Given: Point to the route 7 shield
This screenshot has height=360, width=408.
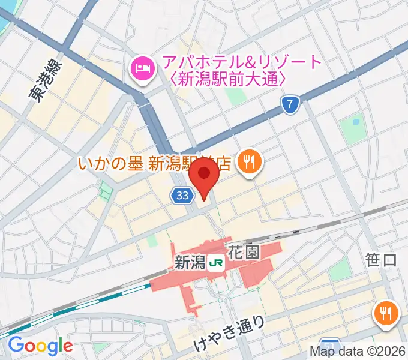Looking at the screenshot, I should click(x=290, y=106).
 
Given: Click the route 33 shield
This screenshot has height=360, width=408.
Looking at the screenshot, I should click(x=183, y=195).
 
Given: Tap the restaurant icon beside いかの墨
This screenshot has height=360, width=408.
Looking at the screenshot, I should click(x=247, y=161).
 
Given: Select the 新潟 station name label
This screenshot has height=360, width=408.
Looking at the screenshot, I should click(x=190, y=262).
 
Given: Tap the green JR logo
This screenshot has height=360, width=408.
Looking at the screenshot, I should click(x=216, y=262).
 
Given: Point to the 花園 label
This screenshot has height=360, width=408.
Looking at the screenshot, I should click(x=244, y=252).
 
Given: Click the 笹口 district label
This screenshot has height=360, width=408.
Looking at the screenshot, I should click(x=381, y=260).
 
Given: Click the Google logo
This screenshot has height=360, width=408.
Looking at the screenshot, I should click(x=40, y=346).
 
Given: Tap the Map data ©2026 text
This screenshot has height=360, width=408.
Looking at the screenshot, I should click(x=358, y=352).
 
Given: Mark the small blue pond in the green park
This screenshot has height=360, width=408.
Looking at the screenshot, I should click(x=356, y=122).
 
